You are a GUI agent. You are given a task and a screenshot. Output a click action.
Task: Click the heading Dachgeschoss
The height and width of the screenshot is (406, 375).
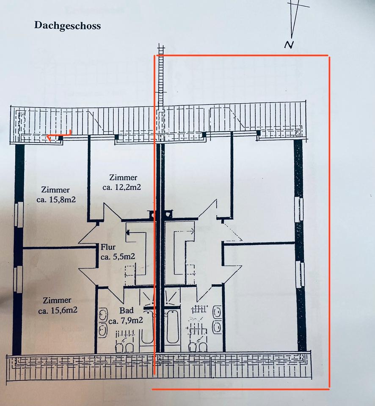pyautogui.click(x=67, y=25)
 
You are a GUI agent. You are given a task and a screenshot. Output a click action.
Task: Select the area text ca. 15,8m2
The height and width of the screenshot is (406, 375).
pyautogui.click(x=56, y=200)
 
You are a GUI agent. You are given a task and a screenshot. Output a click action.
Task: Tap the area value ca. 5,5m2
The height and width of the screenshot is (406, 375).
pyautogui.click(x=118, y=256)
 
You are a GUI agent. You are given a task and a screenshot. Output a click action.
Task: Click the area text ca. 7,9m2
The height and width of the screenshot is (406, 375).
pyautogui.click(x=125, y=321)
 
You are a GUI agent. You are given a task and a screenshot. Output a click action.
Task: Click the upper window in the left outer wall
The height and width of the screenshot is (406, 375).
pyautogui.click(x=18, y=214)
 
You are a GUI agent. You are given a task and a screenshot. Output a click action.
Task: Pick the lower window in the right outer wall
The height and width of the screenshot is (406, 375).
pyautogui.click(x=300, y=274)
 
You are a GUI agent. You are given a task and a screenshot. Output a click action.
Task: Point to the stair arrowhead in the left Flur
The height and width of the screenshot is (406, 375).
pyautogui.click(x=128, y=231)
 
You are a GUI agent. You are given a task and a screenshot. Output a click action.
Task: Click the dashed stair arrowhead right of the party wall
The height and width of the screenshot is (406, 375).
pyautogui.click(x=193, y=231)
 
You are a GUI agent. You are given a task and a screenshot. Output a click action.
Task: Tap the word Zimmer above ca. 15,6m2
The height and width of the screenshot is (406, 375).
pyautogui.click(x=56, y=301)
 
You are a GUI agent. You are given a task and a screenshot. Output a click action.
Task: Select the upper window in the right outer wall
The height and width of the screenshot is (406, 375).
pyautogui.click(x=299, y=209)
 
